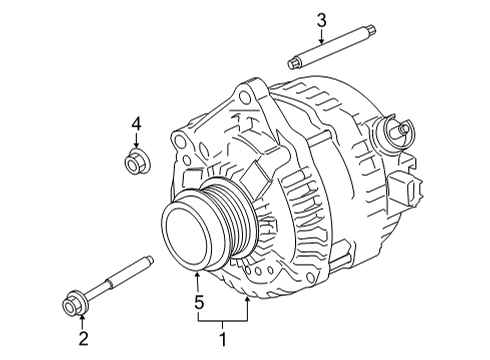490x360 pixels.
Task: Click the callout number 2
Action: [x=84, y=338]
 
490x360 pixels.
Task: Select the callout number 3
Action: [x=321, y=19]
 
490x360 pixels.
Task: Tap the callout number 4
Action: [x=136, y=124]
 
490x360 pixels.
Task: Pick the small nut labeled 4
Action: [x=134, y=160]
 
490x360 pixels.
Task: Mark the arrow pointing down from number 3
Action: [x=321, y=38]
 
